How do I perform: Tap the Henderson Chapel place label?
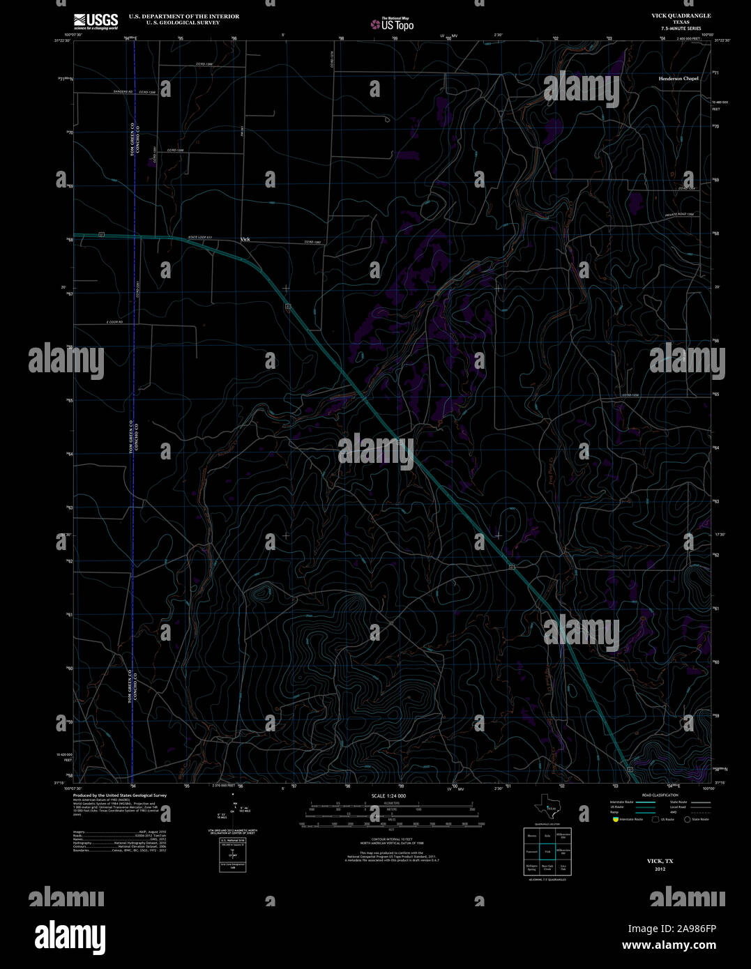click(x=678, y=79)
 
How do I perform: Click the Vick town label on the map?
click(x=245, y=239)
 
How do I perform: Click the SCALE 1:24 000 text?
click(x=389, y=795)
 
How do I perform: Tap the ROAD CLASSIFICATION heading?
click(x=660, y=795)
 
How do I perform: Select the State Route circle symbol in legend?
click(x=688, y=819)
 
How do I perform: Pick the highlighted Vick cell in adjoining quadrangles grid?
click(x=548, y=851)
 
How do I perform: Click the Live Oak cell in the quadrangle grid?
click(x=564, y=868)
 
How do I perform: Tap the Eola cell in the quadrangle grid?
click(x=548, y=835)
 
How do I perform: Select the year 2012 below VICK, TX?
click(x=660, y=869)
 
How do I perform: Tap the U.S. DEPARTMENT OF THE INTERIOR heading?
click(x=183, y=16)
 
